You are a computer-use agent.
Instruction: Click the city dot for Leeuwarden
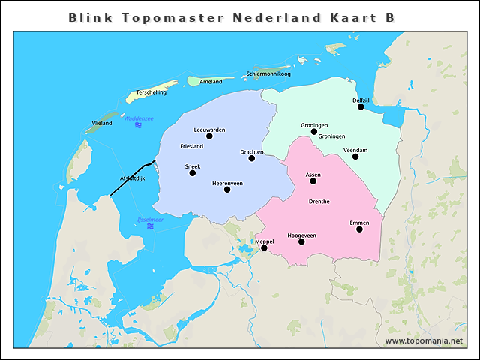[209, 136]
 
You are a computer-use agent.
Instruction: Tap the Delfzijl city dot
[361, 106]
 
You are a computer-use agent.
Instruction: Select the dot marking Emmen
[359, 229]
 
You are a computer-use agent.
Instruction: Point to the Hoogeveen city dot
[301, 242]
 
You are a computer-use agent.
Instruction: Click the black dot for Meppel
[264, 247]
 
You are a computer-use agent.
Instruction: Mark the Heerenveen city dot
[227, 190]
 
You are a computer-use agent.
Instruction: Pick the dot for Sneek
[193, 173]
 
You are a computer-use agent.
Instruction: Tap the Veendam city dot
[355, 157]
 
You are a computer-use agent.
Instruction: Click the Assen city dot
[313, 181]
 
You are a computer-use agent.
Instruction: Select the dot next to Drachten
[252, 158]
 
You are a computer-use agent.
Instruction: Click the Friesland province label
[192, 146]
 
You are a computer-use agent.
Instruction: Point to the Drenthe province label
[319, 202]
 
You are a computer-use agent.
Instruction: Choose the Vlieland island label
[101, 122]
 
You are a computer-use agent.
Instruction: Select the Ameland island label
[211, 81]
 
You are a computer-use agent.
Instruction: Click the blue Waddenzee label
[139, 118]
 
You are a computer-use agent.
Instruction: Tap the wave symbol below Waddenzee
[138, 125]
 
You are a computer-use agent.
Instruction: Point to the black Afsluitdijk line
[132, 178]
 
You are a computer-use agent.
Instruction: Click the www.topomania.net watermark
[424, 340]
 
